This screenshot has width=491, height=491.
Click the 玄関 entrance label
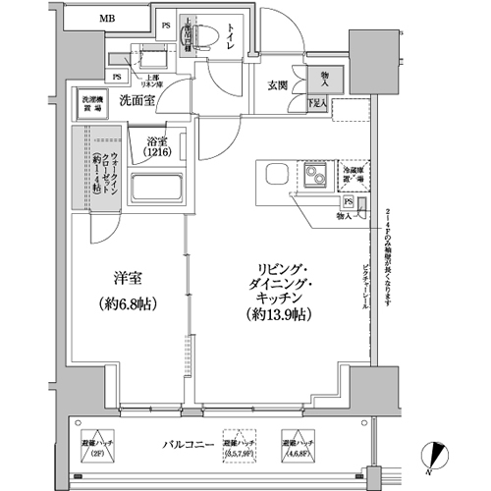278,85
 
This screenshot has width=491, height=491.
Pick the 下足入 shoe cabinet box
317,102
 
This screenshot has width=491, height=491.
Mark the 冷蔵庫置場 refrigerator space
353,176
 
